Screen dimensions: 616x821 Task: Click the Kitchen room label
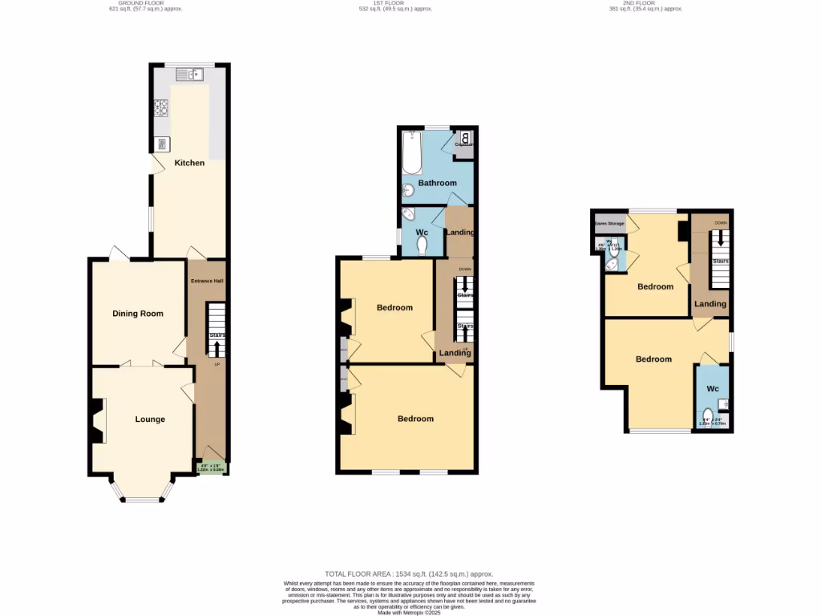[x=190, y=163]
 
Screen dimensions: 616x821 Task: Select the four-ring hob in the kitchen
[x=161, y=107]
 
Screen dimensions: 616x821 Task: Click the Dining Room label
[x=137, y=314]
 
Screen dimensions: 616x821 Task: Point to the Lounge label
[x=150, y=419]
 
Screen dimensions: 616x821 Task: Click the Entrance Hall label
[x=207, y=281]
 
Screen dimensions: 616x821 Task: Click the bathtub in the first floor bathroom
[x=412, y=153]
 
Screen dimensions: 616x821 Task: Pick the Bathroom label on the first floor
[x=437, y=183]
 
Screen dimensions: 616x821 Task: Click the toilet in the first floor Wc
[x=423, y=243]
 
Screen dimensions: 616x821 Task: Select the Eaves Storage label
[x=610, y=223]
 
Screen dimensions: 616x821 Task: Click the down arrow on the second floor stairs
[x=720, y=239]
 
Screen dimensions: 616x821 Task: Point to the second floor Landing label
[x=710, y=304]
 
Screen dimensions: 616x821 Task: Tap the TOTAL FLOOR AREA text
[x=410, y=574]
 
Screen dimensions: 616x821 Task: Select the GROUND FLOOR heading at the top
[x=141, y=3]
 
